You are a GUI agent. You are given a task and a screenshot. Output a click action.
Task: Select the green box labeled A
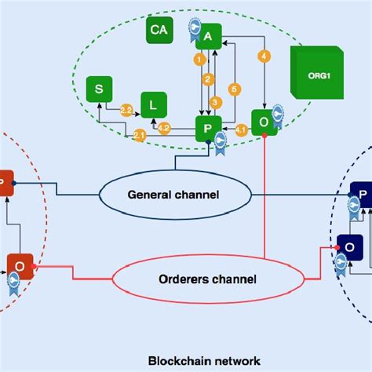208,36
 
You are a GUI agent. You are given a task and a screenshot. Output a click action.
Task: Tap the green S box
99,89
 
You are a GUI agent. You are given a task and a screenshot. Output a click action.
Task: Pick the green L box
153,104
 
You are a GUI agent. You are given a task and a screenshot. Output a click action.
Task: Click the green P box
208,127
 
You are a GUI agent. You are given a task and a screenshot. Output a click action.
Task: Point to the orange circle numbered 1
199,59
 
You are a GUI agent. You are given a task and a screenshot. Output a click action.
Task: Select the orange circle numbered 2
208,78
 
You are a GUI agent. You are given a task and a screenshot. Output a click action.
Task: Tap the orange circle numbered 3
215,100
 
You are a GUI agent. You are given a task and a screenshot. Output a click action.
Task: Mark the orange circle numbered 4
264,57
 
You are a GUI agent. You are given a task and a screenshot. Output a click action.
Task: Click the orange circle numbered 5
233,89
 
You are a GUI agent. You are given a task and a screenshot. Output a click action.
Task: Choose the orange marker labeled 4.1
241,128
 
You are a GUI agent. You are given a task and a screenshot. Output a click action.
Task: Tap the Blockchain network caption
204,360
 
